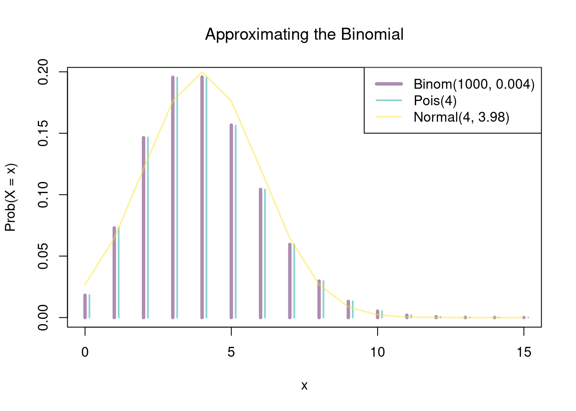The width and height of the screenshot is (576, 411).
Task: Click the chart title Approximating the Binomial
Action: coord(304,34)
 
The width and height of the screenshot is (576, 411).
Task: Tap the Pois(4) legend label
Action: coord(435,101)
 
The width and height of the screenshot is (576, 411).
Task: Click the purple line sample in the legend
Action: coord(389,84)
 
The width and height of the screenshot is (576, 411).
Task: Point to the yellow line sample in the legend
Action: coord(389,117)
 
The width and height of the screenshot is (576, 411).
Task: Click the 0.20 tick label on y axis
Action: coord(43,72)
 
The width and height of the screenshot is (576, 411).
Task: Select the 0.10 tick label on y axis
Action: coord(43,195)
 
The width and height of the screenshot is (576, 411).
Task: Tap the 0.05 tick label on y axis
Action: coord(43,256)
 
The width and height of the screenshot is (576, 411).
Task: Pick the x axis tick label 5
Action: coord(231,352)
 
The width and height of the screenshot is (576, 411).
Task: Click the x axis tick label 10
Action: coord(378,352)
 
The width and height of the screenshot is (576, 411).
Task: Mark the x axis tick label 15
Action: coord(524,352)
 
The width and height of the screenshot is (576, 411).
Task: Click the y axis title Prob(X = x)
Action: coord(10,197)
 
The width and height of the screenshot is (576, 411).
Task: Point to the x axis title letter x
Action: coord(304,386)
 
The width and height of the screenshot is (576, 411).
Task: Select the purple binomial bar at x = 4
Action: coord(202,197)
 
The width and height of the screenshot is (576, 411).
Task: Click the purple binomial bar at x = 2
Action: coord(144,227)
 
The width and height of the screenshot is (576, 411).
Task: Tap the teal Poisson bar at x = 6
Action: coord(265,253)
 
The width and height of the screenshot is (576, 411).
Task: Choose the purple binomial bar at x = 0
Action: coord(85,306)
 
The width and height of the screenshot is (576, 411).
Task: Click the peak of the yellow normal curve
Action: coord(202,72)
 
